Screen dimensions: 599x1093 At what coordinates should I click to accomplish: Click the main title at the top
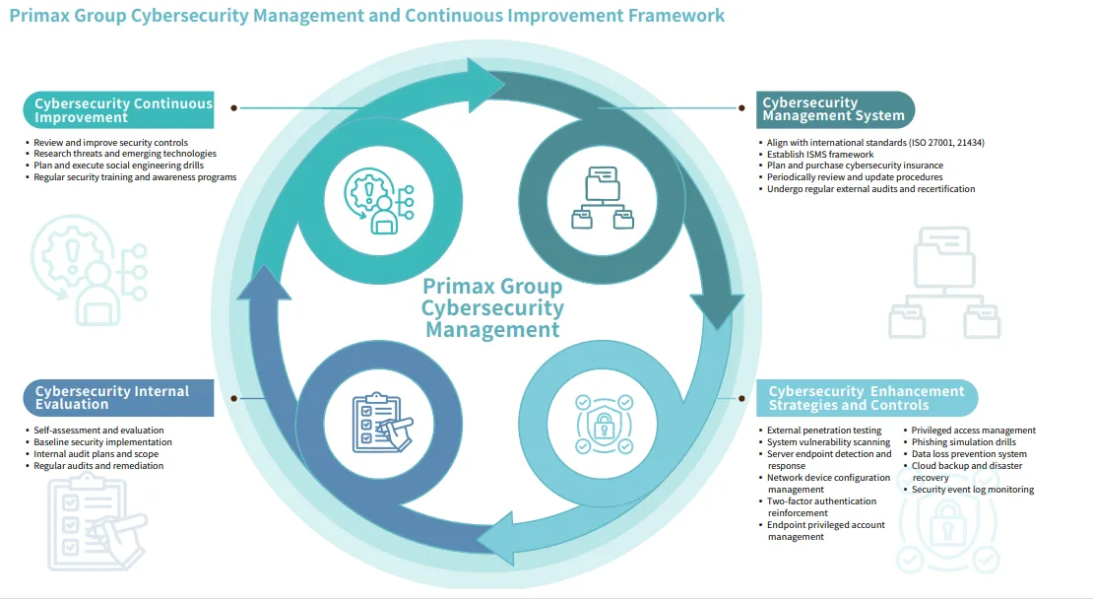click(x=367, y=16)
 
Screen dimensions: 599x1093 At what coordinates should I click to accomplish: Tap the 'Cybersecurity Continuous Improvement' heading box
click(x=118, y=110)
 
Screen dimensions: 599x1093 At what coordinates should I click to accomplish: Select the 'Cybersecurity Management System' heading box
click(x=835, y=109)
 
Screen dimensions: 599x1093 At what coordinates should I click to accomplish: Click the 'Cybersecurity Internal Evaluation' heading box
click(x=118, y=397)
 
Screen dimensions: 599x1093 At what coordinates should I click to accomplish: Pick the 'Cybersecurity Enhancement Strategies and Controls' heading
click(x=867, y=398)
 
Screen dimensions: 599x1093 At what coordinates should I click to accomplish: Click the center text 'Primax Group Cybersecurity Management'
click(x=492, y=307)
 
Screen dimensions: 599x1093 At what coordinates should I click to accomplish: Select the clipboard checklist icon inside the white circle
click(x=381, y=422)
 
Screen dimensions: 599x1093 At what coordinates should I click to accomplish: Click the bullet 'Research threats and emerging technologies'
click(x=125, y=154)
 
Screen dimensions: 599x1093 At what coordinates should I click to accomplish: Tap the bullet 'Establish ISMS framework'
click(x=820, y=154)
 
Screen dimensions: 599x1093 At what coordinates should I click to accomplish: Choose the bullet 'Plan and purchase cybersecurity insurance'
click(x=855, y=166)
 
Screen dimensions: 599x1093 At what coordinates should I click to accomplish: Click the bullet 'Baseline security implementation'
click(x=102, y=442)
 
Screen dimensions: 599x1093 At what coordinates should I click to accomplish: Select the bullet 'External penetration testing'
click(x=824, y=431)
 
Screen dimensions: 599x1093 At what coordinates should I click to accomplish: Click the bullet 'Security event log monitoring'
click(x=972, y=490)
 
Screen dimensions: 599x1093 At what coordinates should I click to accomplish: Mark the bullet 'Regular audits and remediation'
click(x=98, y=466)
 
